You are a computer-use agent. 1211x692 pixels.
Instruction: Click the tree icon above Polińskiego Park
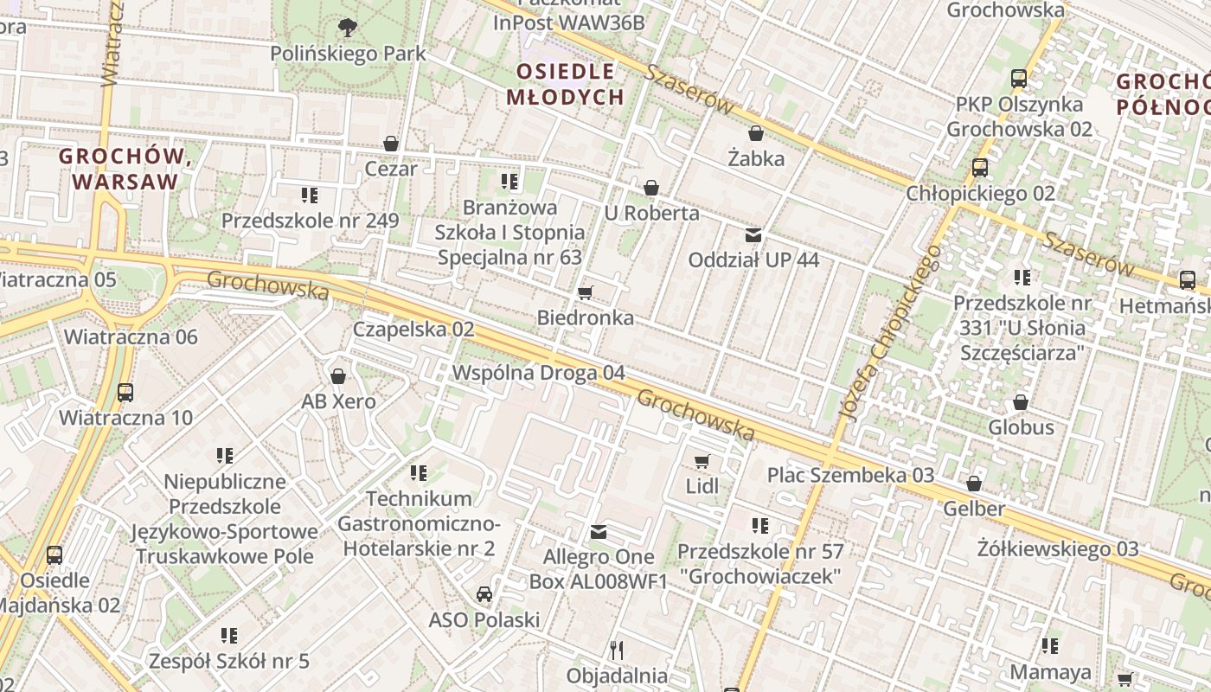(x=348, y=28)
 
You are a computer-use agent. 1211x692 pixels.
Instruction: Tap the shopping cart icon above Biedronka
(x=586, y=292)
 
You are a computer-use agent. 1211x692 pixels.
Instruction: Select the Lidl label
(x=702, y=486)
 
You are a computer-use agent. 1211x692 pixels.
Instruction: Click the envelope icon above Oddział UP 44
(x=753, y=234)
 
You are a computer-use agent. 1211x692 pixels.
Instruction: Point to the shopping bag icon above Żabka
(x=756, y=133)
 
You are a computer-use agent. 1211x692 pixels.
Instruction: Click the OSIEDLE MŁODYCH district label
(x=565, y=84)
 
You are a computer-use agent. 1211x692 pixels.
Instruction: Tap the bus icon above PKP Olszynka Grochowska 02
(x=1019, y=79)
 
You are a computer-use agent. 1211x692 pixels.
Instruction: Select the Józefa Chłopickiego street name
(x=890, y=333)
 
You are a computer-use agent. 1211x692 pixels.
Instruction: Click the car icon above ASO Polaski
(x=484, y=594)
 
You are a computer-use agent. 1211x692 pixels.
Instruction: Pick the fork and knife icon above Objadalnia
(x=617, y=650)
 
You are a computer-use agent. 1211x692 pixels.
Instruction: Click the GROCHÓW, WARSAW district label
(x=125, y=169)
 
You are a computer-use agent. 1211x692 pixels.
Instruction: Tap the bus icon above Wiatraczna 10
(x=125, y=393)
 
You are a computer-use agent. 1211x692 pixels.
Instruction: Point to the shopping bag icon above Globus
(x=1021, y=402)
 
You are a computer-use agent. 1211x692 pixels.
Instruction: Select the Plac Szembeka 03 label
(x=850, y=475)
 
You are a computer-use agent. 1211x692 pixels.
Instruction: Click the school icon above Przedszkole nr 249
(x=310, y=195)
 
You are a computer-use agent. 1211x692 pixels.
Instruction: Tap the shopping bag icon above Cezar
(x=391, y=144)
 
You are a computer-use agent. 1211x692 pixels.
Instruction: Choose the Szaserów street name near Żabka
(x=690, y=91)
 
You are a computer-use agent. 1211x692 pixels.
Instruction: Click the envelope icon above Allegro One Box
(x=599, y=531)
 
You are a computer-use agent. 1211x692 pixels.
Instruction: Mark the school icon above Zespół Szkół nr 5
(x=229, y=636)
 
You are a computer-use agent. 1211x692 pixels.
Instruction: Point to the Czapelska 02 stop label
(x=413, y=330)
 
